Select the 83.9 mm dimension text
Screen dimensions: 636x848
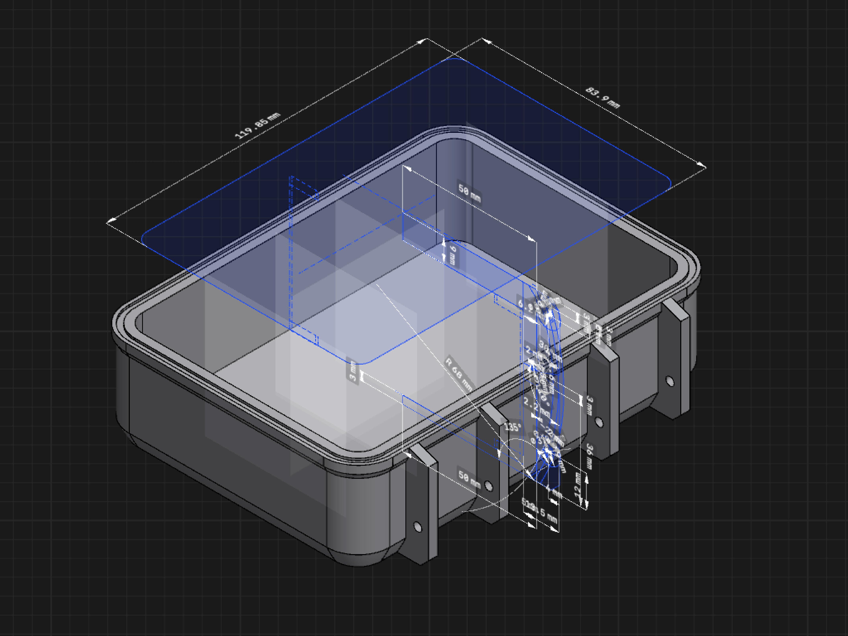coord(602,98)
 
